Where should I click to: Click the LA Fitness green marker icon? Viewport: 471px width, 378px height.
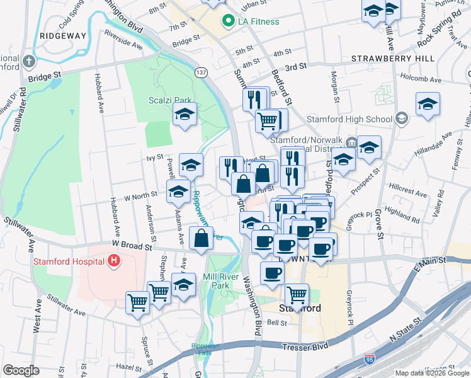228,21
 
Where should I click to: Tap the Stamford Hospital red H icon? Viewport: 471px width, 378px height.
113,260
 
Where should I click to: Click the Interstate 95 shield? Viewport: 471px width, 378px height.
370,360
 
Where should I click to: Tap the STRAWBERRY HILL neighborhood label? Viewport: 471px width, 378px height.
393,58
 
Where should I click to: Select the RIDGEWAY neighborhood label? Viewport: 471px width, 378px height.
62,36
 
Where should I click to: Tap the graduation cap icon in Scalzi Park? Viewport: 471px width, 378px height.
184,114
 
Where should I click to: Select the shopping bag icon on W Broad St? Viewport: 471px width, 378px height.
201,238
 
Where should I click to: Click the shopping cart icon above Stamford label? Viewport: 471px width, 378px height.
296,294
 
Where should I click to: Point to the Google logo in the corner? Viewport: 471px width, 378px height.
21,370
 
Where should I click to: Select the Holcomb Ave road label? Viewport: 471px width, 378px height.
425,80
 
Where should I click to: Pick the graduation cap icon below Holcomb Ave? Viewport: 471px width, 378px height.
428,104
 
